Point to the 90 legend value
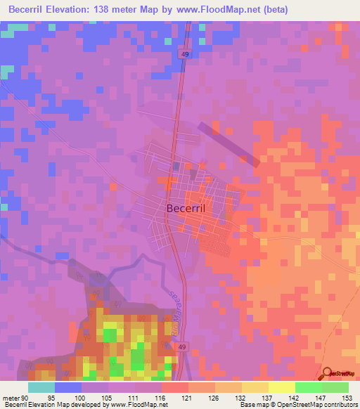tap(26, 397)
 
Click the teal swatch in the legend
tap(41, 387)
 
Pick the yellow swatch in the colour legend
tap(281, 387)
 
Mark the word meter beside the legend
tap(11, 397)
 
